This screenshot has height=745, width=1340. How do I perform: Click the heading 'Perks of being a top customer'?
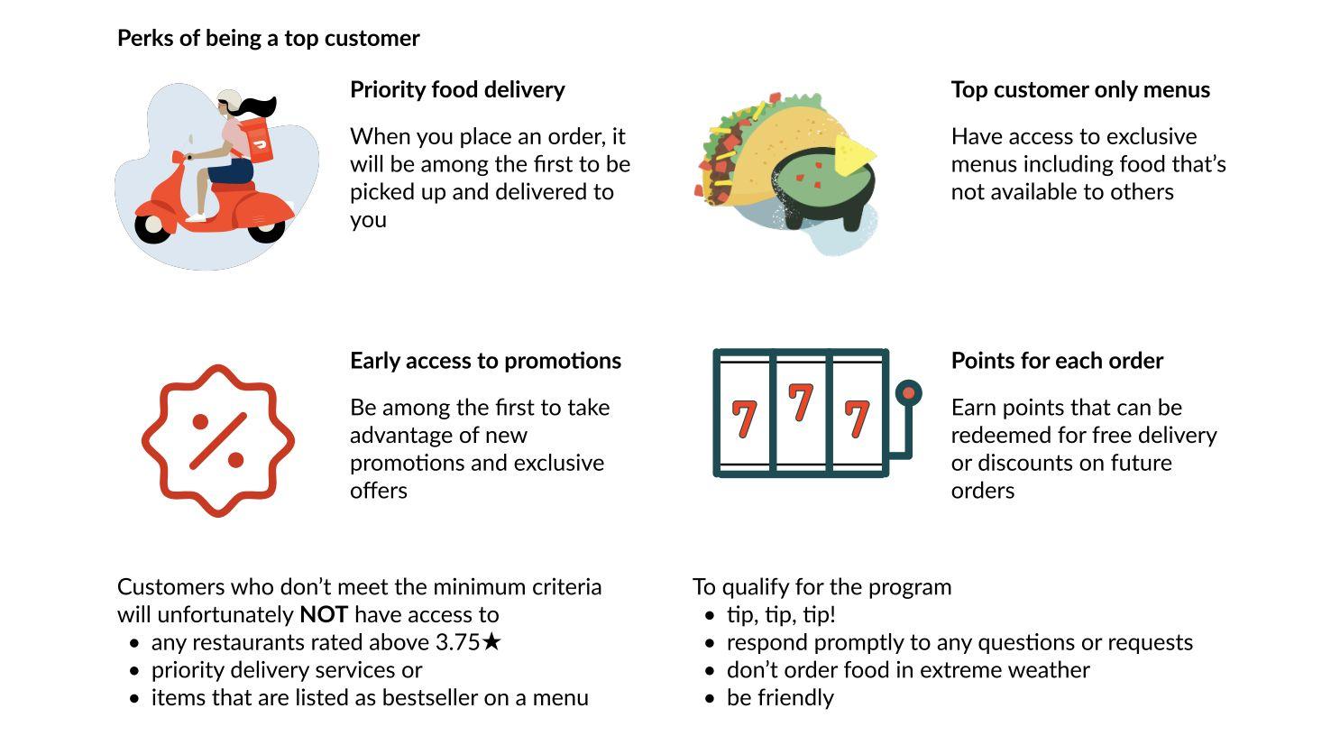(268, 38)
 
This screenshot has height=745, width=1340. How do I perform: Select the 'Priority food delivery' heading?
(457, 89)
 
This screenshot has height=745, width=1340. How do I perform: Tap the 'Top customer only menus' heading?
(1080, 89)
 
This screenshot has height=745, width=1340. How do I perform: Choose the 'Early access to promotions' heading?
(485, 361)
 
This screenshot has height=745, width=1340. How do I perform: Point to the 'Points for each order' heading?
(1057, 361)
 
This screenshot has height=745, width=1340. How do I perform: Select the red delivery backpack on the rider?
(258, 141)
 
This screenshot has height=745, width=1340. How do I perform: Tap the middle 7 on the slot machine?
(801, 402)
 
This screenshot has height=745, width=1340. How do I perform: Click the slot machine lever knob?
(909, 393)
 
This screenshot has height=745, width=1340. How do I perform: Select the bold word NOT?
(324, 615)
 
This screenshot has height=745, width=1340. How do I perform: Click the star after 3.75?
(491, 642)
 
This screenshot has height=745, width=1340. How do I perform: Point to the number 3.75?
(457, 643)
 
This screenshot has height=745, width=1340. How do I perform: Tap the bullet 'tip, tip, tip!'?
(781, 615)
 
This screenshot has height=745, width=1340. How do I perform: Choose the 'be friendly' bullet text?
(780, 698)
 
